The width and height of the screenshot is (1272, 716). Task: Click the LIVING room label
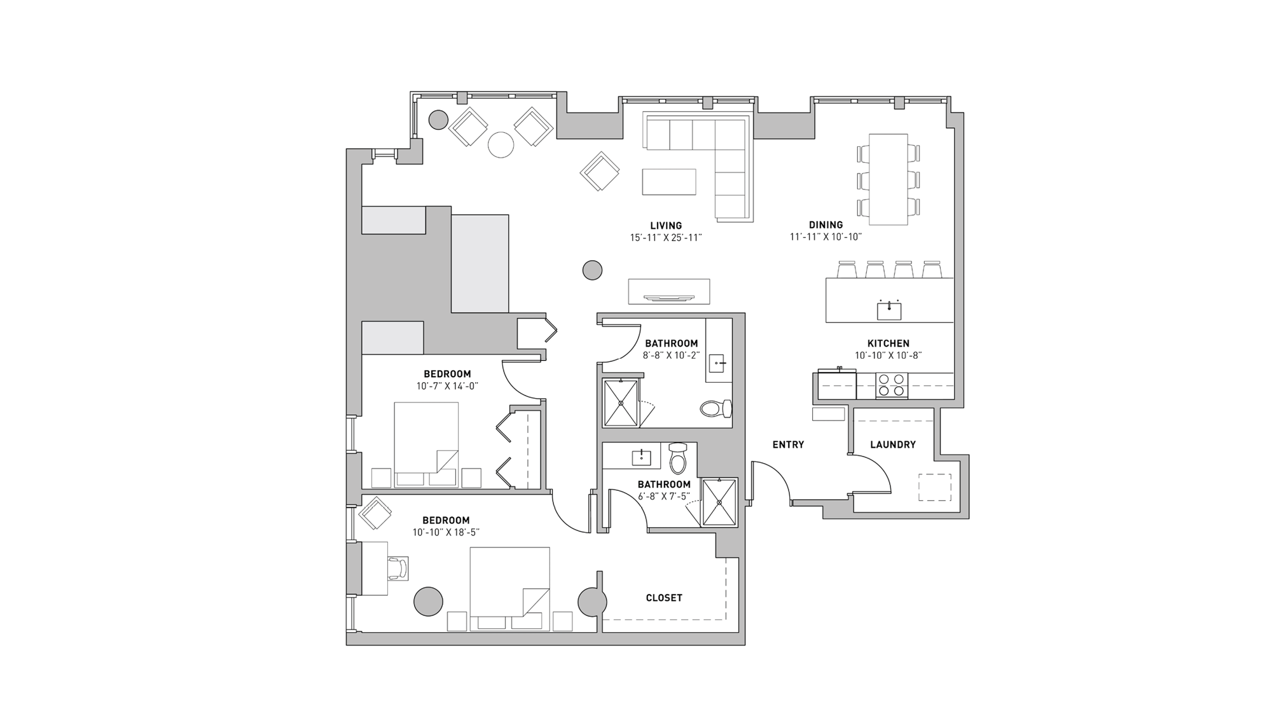[666, 225]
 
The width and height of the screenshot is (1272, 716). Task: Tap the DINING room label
[826, 224]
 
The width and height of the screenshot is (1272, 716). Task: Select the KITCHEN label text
[888, 343]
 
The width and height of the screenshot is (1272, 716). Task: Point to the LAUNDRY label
[893, 444]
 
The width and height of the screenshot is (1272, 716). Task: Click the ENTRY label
[788, 444]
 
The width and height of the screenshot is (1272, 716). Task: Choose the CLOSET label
[664, 598]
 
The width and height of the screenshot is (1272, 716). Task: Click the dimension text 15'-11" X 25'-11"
[666, 238]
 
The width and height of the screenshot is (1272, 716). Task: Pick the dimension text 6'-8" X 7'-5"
[663, 496]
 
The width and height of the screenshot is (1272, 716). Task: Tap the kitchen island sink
[888, 310]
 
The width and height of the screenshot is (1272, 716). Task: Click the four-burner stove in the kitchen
[891, 385]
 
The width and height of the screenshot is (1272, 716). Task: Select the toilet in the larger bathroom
[717, 408]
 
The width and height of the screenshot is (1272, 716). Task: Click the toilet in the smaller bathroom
[679, 458]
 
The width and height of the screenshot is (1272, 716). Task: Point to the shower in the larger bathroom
[620, 403]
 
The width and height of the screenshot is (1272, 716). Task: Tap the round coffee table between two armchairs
[501, 144]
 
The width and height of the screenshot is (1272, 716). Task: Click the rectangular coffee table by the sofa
[668, 181]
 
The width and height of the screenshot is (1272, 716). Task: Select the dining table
[888, 179]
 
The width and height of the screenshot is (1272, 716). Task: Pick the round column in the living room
[592, 270]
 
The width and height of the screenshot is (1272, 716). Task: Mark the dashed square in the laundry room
[934, 487]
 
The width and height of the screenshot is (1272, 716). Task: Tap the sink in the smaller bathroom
[641, 457]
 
